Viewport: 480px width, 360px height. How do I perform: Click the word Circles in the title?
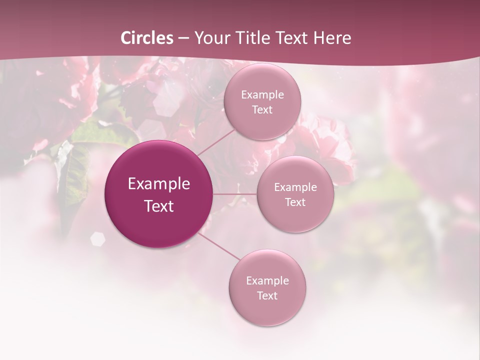coord(147,38)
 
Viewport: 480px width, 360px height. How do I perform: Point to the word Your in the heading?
coord(210,38)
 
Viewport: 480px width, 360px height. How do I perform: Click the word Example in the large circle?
coord(159,184)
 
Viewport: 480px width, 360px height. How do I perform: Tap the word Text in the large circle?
coord(159,206)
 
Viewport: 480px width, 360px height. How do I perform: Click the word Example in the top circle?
coord(262,95)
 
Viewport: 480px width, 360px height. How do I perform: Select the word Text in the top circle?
coord(262,110)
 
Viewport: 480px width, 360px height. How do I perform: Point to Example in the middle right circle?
coord(295,187)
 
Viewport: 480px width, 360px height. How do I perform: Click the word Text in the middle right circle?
coord(295,202)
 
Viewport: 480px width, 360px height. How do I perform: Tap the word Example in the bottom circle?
coord(267,281)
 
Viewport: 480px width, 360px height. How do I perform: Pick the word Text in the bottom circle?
coord(267,296)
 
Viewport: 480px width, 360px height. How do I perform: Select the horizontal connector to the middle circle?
coord(235,194)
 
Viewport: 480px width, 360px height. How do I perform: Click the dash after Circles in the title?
coord(183,38)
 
